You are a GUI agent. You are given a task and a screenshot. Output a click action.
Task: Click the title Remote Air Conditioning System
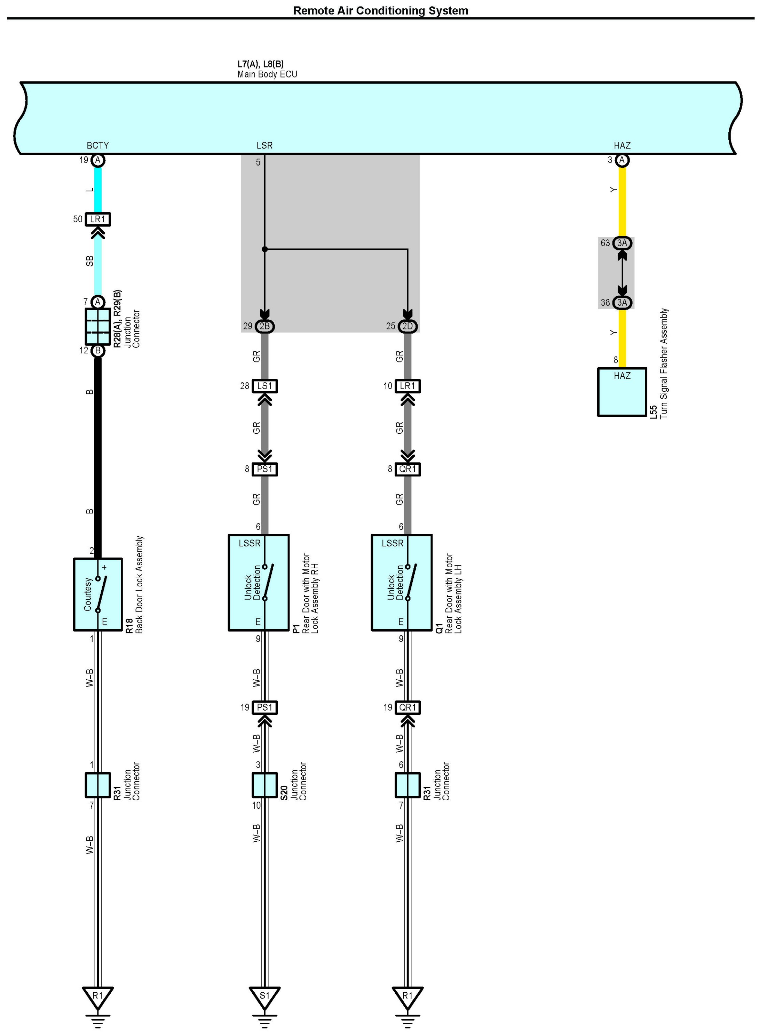pos(380,10)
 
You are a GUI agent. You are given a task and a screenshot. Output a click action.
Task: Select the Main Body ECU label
pos(267,74)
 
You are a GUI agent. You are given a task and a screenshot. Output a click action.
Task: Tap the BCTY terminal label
pos(98,145)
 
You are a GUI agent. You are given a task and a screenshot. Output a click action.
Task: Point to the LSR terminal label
pos(264,145)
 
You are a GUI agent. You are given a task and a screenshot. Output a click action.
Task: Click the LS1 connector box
pos(264,386)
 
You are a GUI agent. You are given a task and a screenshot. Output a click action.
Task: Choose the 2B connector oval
pos(264,326)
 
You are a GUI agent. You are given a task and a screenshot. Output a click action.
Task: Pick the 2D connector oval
pos(408,326)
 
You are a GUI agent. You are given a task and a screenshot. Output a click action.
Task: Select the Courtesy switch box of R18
pos(98,594)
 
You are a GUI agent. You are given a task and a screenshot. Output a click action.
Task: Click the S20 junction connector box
pos(264,785)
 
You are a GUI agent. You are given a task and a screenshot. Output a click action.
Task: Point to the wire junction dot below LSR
pos(264,249)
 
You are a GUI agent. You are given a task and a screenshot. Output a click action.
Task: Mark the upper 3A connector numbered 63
pos(622,243)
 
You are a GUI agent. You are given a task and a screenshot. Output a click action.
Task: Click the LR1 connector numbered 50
pos(98,219)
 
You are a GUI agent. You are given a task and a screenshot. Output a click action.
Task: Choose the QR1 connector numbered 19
pos(408,707)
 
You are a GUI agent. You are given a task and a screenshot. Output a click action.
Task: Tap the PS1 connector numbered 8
pos(264,469)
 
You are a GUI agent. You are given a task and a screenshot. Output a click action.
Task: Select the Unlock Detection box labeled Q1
pos(402,583)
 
